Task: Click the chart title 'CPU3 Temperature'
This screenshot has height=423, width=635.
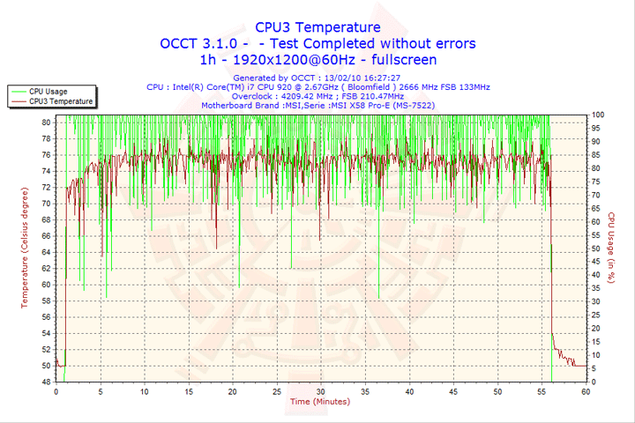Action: (317, 27)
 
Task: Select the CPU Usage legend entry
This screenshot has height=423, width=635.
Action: (48, 91)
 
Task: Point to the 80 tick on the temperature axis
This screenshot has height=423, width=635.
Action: (46, 122)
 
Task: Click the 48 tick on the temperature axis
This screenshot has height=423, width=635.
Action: (46, 382)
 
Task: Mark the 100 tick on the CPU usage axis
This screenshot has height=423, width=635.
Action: (598, 115)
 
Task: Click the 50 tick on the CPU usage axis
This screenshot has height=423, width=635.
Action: (597, 249)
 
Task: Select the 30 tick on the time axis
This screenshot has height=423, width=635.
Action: (321, 390)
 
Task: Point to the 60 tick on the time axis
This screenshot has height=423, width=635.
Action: (586, 390)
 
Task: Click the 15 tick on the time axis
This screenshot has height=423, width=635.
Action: (189, 390)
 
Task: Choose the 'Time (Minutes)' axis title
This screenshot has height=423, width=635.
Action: (319, 401)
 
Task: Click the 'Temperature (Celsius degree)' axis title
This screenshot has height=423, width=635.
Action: (25, 248)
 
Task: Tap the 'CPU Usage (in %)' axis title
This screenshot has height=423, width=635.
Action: (610, 248)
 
